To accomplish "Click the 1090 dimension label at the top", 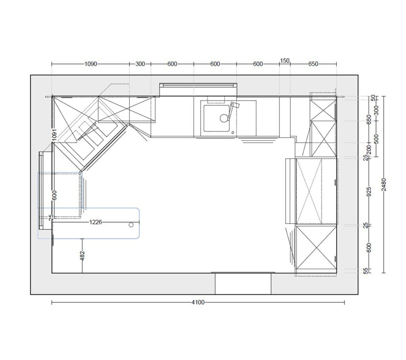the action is [x=91, y=64].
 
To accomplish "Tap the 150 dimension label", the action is [x=285, y=61].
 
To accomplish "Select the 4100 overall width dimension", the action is [x=198, y=302].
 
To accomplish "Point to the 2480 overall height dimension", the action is [x=384, y=185].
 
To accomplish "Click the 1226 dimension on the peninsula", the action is [x=96, y=222].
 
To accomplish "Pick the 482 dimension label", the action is [x=82, y=256].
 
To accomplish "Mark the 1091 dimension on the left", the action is [x=54, y=135].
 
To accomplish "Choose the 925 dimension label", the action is [x=369, y=192].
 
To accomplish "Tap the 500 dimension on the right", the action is [x=377, y=139].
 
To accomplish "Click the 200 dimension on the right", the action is [x=369, y=150].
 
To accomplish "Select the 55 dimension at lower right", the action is [x=366, y=271].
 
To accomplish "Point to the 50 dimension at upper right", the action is [x=373, y=98].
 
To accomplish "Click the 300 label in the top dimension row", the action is [x=140, y=64].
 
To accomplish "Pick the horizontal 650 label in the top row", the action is [x=313, y=64].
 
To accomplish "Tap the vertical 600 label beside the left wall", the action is [x=54, y=195].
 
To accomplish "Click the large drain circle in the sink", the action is [x=224, y=118].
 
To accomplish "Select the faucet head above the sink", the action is [x=235, y=105].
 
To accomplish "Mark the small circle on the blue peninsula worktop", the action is [x=131, y=225].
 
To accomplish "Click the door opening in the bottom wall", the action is [x=243, y=284].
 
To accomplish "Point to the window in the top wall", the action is [x=198, y=89].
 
